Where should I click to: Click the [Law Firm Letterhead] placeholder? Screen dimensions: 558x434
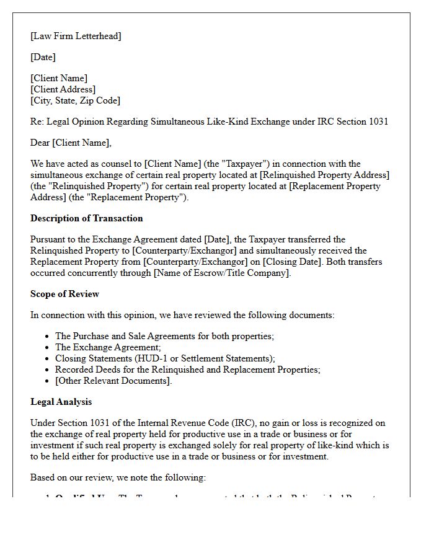76,36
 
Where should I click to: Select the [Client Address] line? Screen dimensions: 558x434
63,89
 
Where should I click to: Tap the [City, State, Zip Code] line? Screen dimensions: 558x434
75,100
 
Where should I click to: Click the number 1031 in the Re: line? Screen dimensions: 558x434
378,122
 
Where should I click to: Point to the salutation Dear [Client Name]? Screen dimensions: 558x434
71,143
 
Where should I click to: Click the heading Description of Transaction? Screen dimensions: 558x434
86,218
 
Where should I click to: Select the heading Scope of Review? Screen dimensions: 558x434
64,294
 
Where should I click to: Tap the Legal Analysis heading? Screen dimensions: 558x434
61,402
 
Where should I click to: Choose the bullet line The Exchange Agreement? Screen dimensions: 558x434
108,347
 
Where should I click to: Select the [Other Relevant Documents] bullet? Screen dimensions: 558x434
113,381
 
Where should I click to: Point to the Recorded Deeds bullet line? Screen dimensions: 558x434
187,370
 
